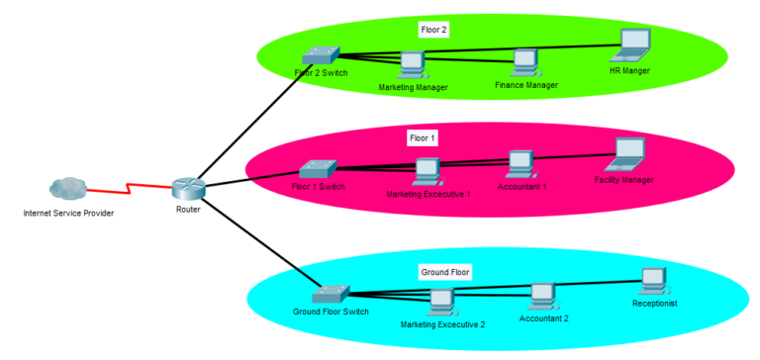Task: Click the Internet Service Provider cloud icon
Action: tap(67, 187)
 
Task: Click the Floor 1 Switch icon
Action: tap(319, 169)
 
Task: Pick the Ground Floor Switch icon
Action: tap(330, 295)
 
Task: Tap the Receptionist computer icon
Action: tap(653, 282)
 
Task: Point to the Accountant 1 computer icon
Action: tap(521, 163)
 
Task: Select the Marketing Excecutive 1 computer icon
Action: tap(427, 172)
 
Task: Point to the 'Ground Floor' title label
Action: tap(445, 270)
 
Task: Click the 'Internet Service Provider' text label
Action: tap(67, 213)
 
